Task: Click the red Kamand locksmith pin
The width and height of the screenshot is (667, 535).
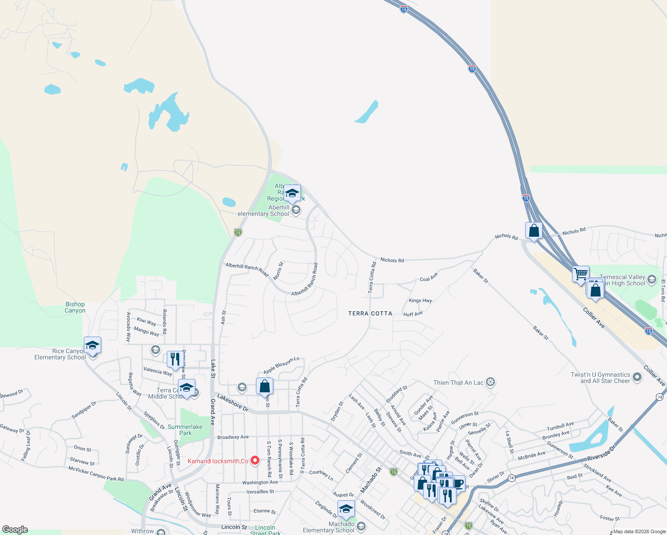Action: [x=255, y=461]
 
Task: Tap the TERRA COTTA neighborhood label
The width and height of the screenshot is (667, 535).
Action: [x=370, y=313]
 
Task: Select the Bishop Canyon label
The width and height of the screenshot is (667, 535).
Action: [x=75, y=307]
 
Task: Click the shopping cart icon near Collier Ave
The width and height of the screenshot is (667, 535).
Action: [x=581, y=274]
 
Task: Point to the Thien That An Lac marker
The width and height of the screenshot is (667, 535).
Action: [x=490, y=382]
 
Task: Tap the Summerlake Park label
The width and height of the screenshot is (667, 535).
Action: [x=185, y=430]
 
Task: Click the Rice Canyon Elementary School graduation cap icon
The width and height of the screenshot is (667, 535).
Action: [x=92, y=346]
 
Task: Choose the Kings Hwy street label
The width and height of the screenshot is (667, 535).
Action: [x=420, y=300]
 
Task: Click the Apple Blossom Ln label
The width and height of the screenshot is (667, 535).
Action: [x=281, y=365]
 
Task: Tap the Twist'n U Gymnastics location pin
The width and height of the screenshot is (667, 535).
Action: [x=637, y=378]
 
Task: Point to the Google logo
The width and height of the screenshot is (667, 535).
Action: [x=15, y=529]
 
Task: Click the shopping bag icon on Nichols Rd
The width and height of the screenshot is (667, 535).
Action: [x=534, y=231]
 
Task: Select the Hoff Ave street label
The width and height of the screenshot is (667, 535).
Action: [x=413, y=314]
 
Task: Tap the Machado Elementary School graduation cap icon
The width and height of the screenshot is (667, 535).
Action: [x=346, y=509]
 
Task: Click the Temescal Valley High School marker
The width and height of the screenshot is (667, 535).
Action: [x=652, y=280]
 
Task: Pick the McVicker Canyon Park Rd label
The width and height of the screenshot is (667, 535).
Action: [x=96, y=473]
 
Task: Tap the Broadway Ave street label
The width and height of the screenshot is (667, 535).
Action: [x=233, y=437]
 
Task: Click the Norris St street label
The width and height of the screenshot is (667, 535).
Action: [x=278, y=271]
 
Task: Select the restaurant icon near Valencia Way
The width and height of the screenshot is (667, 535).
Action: [x=175, y=359]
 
